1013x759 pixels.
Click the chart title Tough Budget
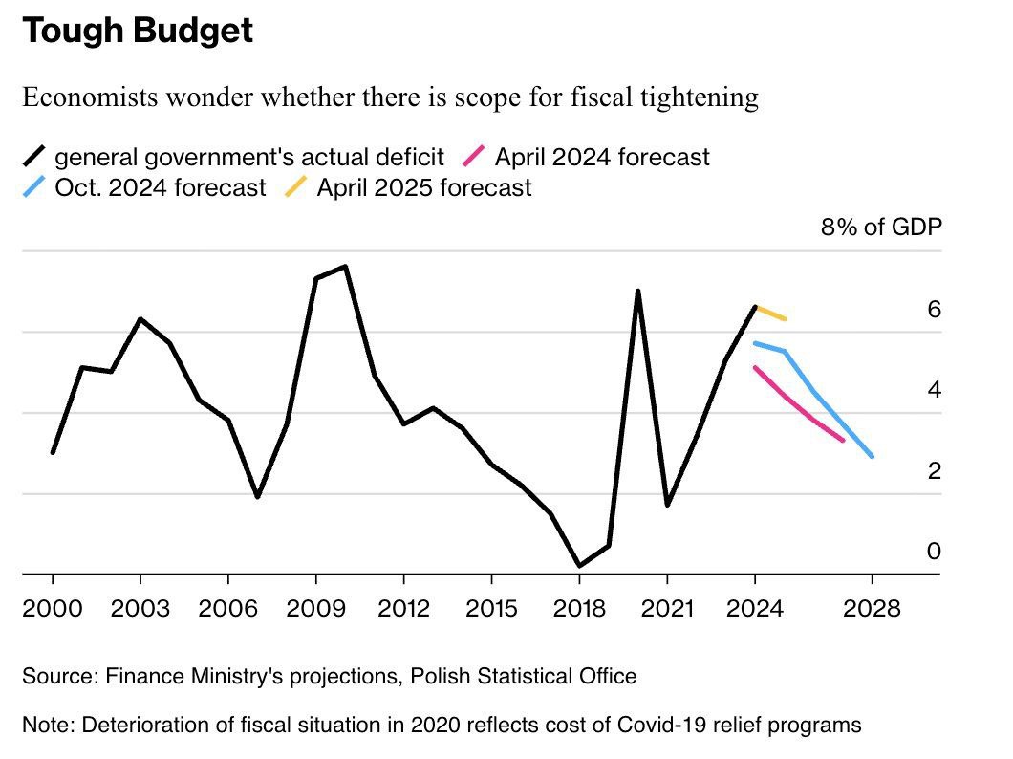point(138,32)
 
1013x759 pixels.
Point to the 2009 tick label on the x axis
point(315,609)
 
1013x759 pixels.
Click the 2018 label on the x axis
point(578,609)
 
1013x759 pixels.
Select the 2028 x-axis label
point(873,609)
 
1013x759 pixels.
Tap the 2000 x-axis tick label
point(53,609)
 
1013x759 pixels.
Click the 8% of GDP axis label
point(880,228)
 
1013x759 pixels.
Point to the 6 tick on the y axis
point(934,310)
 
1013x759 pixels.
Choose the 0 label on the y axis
point(934,552)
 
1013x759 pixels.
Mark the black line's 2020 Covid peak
point(637,291)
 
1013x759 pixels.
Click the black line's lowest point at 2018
point(579,566)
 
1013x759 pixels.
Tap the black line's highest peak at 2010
point(345,266)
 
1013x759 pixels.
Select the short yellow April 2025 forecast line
point(770,313)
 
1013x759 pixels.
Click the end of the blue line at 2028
point(872,457)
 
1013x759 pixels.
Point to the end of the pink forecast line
point(843,441)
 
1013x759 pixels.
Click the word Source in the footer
point(54,677)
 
